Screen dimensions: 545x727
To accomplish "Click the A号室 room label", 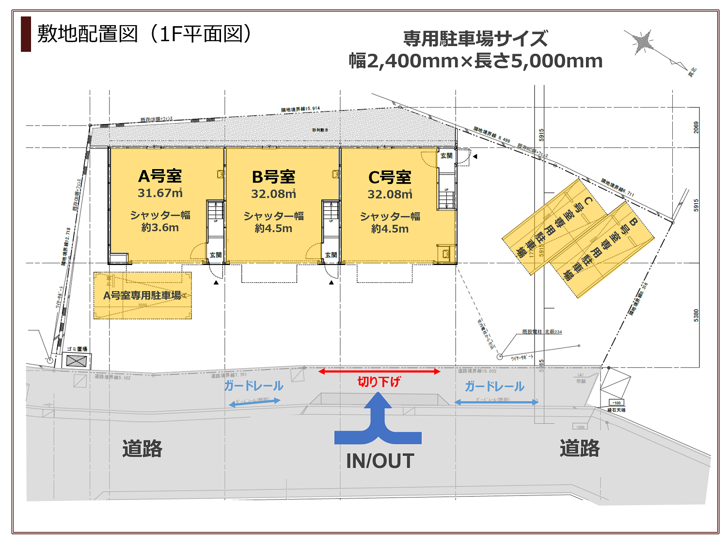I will tap(160, 176).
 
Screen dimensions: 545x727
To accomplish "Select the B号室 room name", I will tap(273, 177).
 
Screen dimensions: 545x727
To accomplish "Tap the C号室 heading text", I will tap(390, 178).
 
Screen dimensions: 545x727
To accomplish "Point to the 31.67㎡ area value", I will tap(160, 193).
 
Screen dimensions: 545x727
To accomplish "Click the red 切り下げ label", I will tap(379, 382).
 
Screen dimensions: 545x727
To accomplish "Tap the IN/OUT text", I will tap(380, 461).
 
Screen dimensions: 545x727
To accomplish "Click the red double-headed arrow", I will tap(379, 372).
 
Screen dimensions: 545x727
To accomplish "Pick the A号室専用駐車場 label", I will tap(142, 296).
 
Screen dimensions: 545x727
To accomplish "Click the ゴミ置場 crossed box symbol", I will tap(76, 361).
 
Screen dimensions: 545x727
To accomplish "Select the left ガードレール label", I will tap(253, 386).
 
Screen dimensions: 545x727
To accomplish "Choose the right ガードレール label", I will tap(494, 387).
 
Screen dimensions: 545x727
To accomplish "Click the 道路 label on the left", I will tap(142, 449).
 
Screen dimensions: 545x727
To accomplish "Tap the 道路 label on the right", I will tap(580, 449).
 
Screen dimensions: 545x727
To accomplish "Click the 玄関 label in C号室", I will tap(446, 156).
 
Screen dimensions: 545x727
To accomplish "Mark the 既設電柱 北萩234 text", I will tap(542, 332).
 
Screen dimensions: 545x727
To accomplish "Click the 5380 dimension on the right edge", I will tap(696, 315).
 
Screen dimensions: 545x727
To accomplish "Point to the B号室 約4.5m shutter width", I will tap(273, 229).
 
